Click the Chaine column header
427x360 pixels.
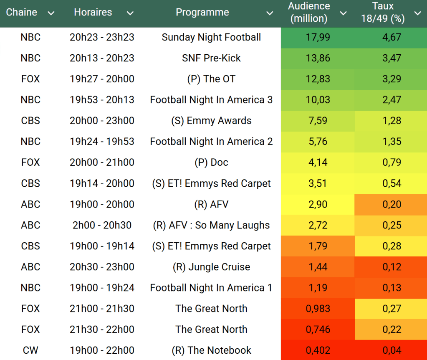[21, 13]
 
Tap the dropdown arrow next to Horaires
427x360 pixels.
[130, 13]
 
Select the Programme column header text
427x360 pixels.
[202, 13]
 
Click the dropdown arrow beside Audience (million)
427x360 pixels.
[343, 13]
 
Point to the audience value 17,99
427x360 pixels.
[318, 37]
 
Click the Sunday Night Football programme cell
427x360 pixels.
[211, 37]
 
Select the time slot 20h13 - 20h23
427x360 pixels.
[102, 58]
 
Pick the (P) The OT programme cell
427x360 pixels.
[211, 79]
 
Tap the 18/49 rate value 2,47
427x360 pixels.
[392, 100]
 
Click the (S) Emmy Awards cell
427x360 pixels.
[211, 121]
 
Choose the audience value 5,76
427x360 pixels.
[318, 142]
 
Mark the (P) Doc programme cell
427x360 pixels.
[211, 162]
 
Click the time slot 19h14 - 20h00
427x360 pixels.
[102, 183]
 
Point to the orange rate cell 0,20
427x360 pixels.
[392, 204]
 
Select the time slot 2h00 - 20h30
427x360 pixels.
[102, 225]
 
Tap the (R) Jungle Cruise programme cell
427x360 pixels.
[211, 267]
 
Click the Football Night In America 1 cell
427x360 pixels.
[211, 288]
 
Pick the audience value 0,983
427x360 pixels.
[318, 309]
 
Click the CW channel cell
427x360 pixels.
[30, 350]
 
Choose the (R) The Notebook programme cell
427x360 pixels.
[211, 350]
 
